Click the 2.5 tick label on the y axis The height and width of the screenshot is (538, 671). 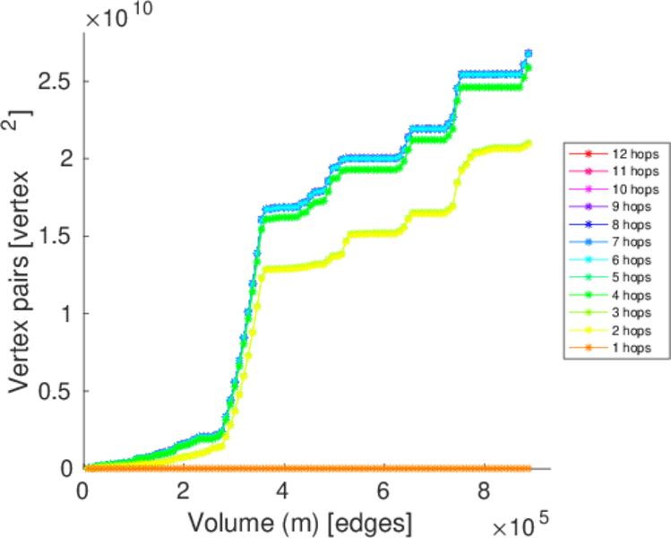click(56, 82)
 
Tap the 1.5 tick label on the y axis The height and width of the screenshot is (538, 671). click(56, 237)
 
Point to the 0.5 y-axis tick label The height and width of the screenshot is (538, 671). click(56, 392)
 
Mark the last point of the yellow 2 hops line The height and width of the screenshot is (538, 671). click(528, 143)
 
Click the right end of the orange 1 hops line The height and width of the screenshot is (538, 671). click(528, 468)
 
